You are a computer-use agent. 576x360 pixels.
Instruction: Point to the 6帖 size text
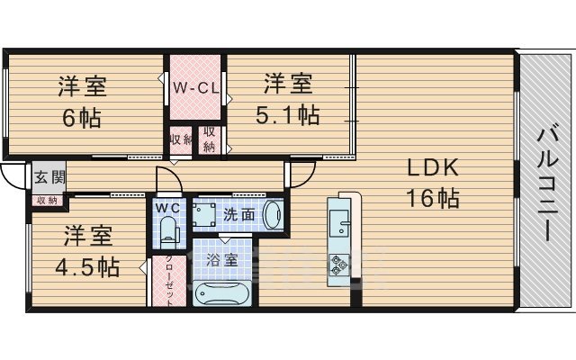click(83, 117)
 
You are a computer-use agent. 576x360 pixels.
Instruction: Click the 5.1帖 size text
click(288, 115)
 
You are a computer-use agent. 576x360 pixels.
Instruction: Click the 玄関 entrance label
click(50, 176)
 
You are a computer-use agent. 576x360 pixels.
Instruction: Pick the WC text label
click(168, 208)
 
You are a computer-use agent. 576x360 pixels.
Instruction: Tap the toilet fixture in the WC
click(167, 231)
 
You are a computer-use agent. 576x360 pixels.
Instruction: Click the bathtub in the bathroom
click(223, 293)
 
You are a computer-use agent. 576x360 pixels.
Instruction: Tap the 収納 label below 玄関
click(47, 200)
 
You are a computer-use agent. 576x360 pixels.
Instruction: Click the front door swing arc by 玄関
click(13, 177)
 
